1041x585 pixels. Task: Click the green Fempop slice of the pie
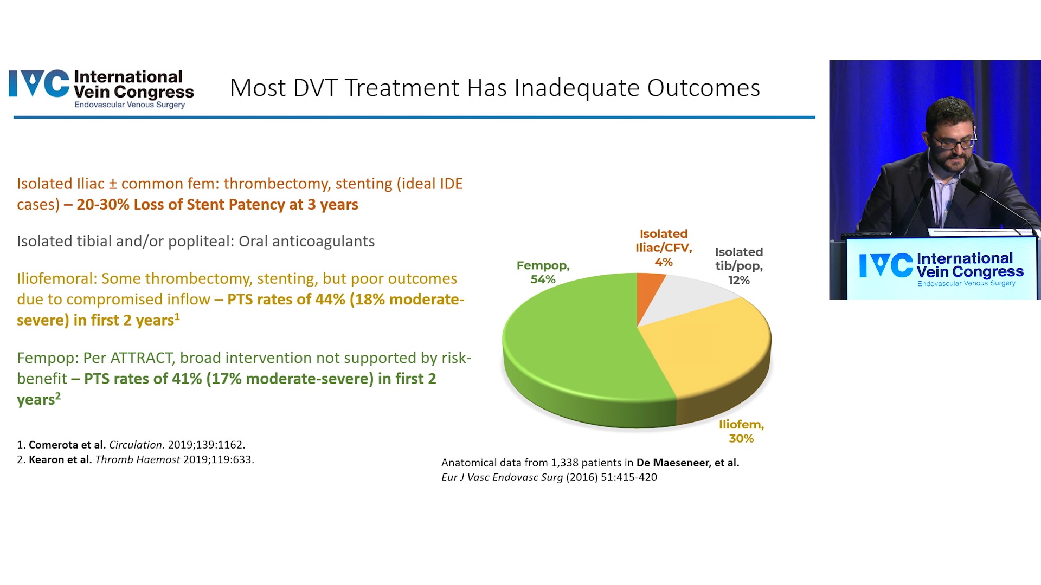click(x=575, y=347)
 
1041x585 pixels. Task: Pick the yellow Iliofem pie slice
click(x=716, y=352)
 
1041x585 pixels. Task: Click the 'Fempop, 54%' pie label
click(x=543, y=272)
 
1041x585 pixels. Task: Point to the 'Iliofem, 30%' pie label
click(x=741, y=431)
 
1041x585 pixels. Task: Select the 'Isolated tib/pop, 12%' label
click(x=739, y=266)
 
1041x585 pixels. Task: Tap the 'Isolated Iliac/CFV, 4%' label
click(x=664, y=248)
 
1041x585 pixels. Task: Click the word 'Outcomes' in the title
click(x=704, y=88)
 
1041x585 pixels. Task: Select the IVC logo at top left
click(x=101, y=89)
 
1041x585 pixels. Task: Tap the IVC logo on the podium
click(x=941, y=269)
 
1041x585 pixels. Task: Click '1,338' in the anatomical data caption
click(x=565, y=463)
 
